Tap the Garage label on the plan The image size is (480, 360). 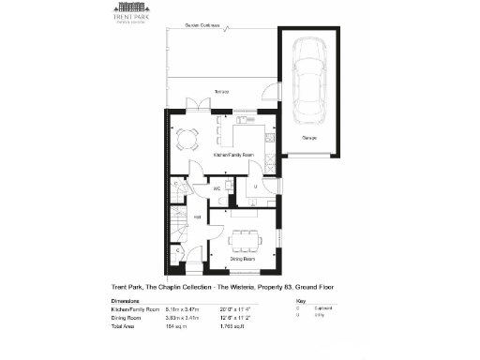click(x=308, y=139)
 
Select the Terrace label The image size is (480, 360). click(x=221, y=92)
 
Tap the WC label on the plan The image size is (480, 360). click(x=217, y=187)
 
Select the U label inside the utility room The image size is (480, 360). click(x=255, y=187)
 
